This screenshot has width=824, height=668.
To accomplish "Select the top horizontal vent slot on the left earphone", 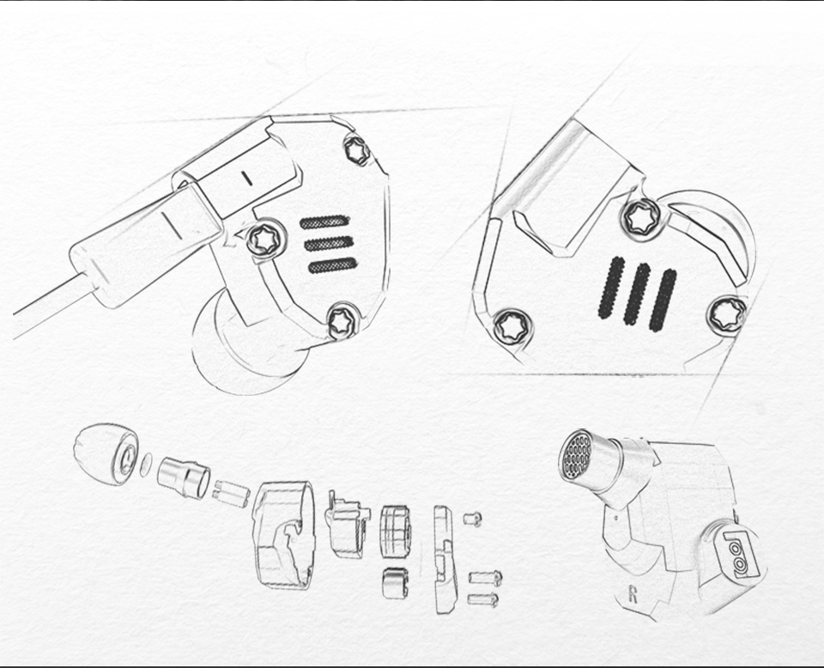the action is click(x=324, y=222).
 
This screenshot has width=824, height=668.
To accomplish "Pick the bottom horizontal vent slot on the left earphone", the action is click(x=333, y=265).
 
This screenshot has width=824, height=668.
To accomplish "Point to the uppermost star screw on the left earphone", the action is click(x=357, y=150).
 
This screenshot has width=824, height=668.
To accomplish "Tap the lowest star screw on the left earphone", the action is click(x=342, y=321).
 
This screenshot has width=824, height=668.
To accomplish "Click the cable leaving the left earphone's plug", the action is click(x=52, y=306).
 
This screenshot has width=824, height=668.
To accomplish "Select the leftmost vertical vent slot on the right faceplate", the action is click(x=610, y=288).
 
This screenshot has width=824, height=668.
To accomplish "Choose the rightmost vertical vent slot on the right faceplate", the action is click(x=663, y=301).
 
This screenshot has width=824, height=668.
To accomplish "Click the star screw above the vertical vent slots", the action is click(x=641, y=219).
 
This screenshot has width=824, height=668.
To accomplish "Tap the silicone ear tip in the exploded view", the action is click(x=106, y=454).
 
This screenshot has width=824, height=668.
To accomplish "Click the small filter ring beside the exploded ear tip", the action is click(x=146, y=465).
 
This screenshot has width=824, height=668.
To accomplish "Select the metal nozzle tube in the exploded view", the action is click(x=184, y=477).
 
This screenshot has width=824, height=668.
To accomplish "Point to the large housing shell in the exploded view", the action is click(x=284, y=535).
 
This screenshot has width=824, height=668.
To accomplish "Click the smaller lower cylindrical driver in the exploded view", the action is click(x=395, y=583).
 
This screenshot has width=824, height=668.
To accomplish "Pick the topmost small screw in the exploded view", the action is click(x=472, y=519).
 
